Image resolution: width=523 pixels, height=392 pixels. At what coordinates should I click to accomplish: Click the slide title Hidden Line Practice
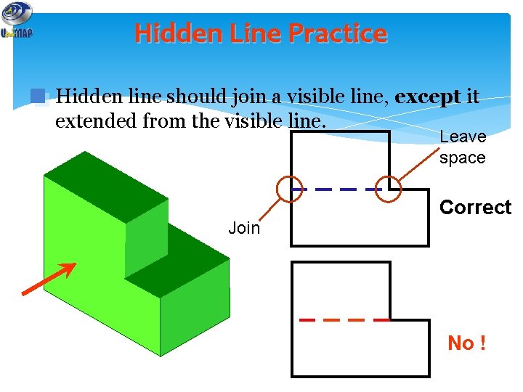point(261,33)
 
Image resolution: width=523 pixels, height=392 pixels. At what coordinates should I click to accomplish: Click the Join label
point(244,228)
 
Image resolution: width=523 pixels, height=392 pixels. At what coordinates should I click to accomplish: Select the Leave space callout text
point(463,147)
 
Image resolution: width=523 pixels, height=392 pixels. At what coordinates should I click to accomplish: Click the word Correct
point(475,208)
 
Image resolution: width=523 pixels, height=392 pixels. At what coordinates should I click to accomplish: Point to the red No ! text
point(466,343)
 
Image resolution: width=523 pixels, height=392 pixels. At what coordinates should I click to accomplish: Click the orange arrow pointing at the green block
point(49,279)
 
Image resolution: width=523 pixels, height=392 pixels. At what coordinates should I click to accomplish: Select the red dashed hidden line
point(344,319)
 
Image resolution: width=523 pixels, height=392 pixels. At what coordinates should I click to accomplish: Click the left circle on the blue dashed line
point(291,189)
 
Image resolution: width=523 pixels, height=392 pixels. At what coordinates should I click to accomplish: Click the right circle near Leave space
point(391,188)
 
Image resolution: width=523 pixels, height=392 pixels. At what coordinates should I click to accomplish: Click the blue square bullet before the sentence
point(38,97)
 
